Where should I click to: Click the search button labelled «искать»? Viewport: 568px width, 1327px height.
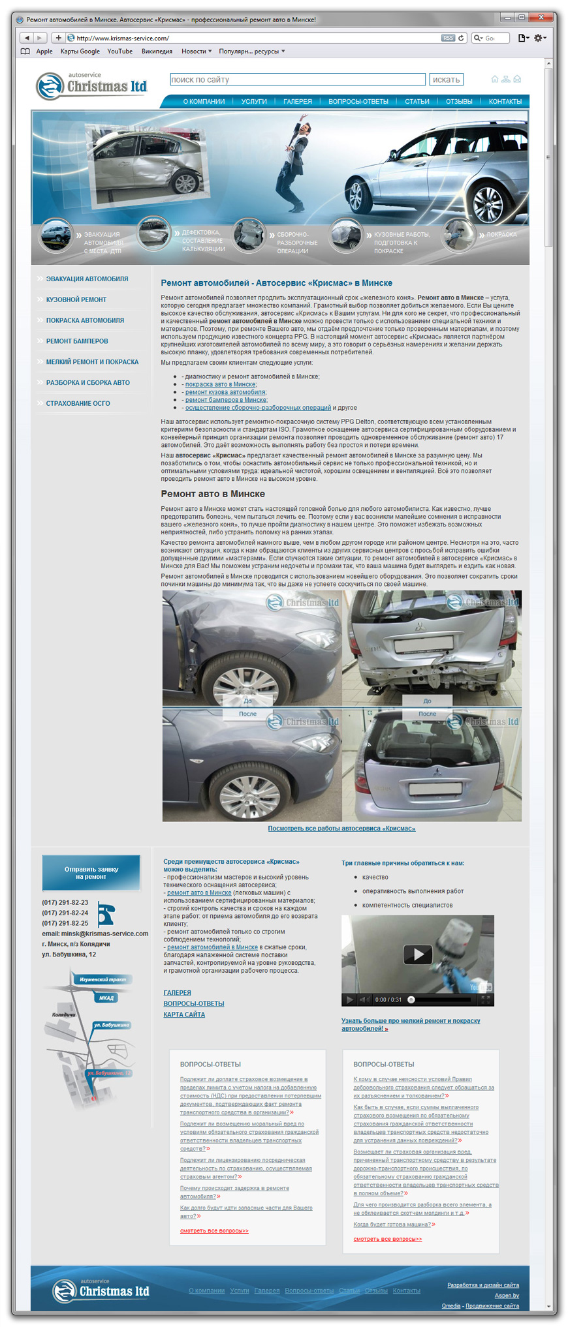point(446,80)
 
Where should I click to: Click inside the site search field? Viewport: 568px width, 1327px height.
point(297,80)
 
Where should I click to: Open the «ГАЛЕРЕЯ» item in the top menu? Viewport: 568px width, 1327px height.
point(298,102)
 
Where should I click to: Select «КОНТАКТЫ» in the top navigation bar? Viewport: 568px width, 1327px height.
point(505,102)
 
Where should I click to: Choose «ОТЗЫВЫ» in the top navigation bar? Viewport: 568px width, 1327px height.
point(459,102)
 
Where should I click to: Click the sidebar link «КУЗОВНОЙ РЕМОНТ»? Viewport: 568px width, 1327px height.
point(76,299)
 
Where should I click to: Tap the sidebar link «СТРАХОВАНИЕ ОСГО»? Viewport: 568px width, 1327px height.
point(78,403)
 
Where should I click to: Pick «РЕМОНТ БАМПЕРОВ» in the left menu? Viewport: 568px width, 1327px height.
point(77,341)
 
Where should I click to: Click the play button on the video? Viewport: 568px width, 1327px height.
point(418,954)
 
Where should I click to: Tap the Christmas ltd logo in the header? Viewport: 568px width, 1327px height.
point(91,86)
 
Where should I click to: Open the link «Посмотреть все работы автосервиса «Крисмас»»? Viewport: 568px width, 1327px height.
point(341,829)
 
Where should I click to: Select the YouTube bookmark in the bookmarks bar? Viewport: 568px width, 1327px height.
point(119,52)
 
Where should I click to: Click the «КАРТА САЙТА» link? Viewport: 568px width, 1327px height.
point(184,1014)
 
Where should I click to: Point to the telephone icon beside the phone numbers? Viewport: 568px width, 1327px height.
point(106,913)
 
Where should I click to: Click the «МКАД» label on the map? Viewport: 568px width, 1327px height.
point(106,998)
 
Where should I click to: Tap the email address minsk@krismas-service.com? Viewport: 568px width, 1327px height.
point(104,934)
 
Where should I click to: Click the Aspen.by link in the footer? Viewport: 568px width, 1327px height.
point(507,1295)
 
